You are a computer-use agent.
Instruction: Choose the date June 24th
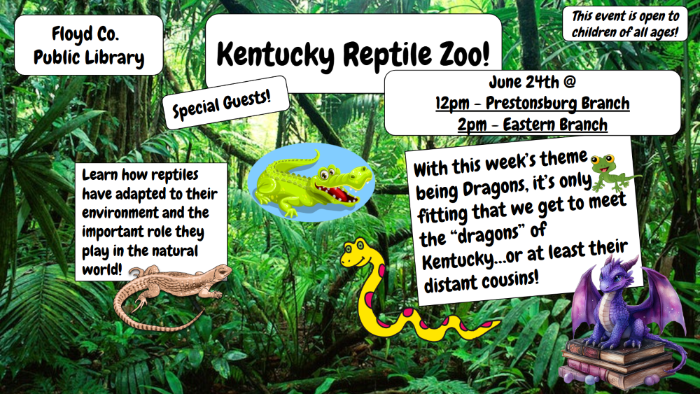(524, 82)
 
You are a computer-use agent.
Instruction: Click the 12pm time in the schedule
(452, 104)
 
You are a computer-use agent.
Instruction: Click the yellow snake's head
(356, 254)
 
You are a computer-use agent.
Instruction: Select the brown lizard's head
(218, 272)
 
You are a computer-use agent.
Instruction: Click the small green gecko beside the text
(610, 172)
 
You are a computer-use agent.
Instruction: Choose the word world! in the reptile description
(101, 270)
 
